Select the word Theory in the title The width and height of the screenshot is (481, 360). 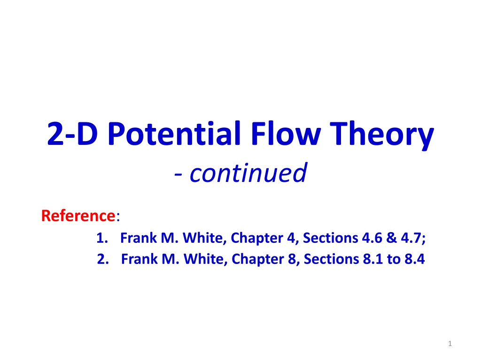pos(382,135)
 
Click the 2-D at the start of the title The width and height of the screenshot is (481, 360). pos(72,134)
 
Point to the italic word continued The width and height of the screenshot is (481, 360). pos(248,172)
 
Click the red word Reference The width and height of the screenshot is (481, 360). pos(78,216)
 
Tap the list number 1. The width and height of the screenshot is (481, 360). pos(102,238)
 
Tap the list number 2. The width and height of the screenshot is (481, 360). pos(103,259)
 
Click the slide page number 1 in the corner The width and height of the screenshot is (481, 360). pos(450,344)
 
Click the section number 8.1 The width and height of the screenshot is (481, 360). pos(372,259)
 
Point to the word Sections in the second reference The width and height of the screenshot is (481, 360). pos(331,259)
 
